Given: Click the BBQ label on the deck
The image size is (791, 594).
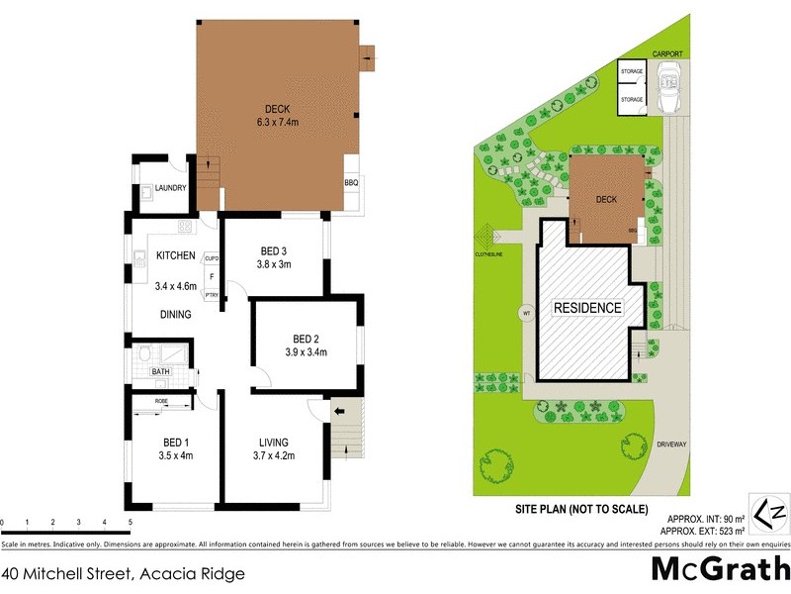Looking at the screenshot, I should coord(350,182).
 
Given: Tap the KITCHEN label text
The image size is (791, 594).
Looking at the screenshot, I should coord(175,255).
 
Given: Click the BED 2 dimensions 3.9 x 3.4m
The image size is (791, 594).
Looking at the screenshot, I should coord(306,351).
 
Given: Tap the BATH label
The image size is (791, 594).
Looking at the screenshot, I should coord(160,372).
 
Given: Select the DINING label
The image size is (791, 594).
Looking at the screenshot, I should coord(176,315).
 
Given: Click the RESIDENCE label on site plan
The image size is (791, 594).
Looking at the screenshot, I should coord(586,308).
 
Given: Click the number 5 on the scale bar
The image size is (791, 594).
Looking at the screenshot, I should coord(130,522).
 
